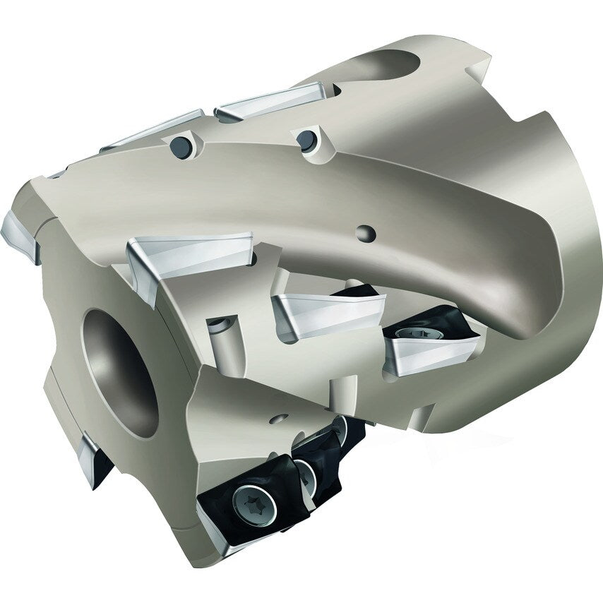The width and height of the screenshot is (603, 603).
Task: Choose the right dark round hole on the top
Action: click(306, 140)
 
